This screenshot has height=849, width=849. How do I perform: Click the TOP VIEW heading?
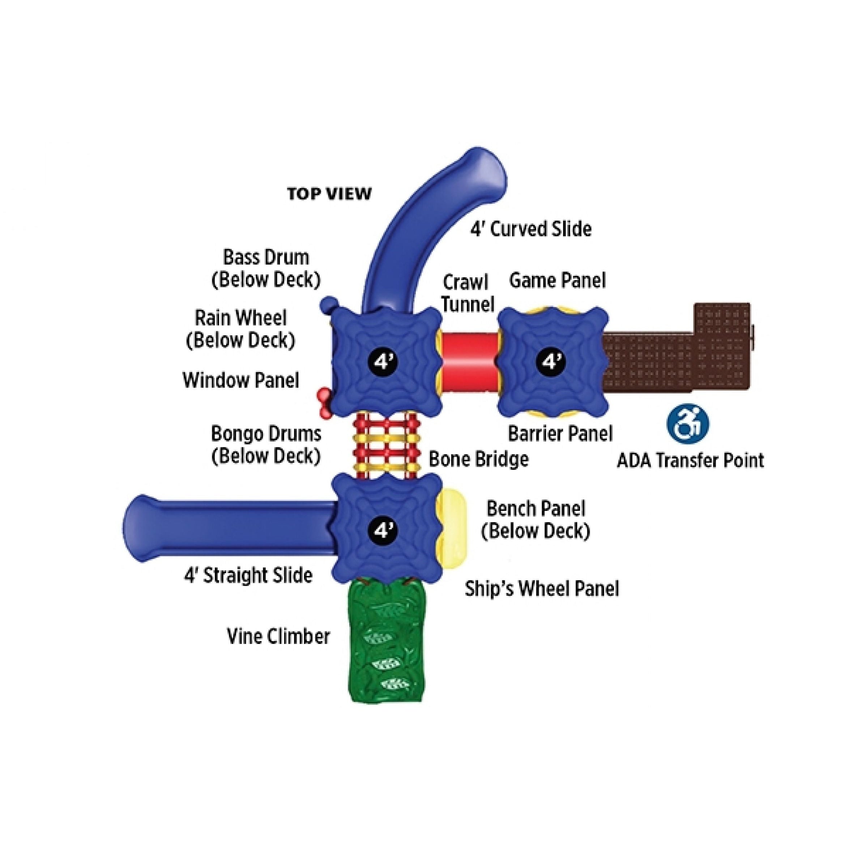click(329, 193)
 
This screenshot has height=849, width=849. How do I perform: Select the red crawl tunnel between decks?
click(469, 361)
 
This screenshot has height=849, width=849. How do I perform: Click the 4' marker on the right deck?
click(551, 362)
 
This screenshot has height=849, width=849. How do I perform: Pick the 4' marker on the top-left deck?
click(382, 362)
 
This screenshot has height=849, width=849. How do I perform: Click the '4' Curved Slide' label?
click(531, 229)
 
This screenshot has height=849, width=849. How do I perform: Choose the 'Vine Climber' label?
click(278, 636)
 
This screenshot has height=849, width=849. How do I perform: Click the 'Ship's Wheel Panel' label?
click(542, 589)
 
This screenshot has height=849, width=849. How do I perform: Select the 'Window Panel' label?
click(241, 380)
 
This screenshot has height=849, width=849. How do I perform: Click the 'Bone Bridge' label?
click(478, 459)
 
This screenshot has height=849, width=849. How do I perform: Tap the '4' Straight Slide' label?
click(248, 575)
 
